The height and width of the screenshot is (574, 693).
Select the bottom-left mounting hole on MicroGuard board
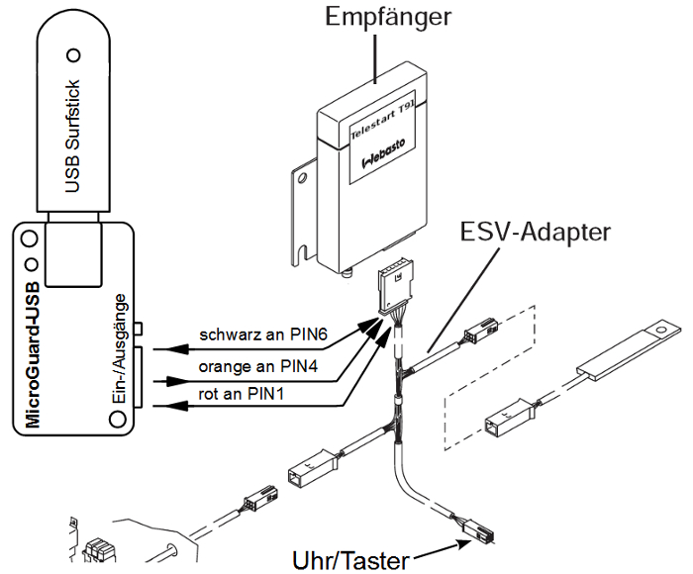coord(121,422)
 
